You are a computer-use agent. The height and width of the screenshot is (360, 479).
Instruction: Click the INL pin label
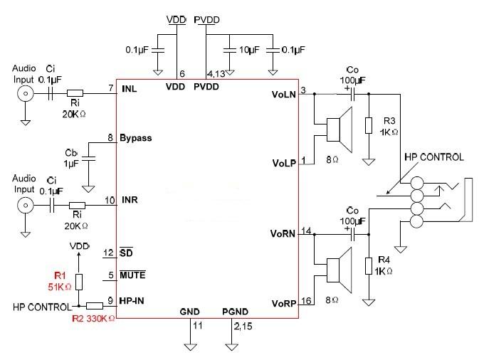(x=130, y=89)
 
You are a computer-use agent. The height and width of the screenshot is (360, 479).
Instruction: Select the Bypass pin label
(x=136, y=137)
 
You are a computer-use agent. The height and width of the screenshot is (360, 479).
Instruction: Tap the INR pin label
(x=130, y=199)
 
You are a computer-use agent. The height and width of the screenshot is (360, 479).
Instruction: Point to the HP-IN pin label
(x=134, y=300)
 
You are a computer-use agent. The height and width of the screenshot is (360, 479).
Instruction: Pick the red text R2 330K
(x=93, y=319)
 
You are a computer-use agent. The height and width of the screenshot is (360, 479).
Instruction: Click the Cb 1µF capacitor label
(x=72, y=158)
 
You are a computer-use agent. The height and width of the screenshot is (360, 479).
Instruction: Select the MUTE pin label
(x=132, y=275)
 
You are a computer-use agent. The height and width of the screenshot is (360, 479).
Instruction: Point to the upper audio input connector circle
(x=26, y=95)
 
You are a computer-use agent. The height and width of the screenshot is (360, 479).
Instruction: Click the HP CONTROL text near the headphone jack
(x=434, y=157)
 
